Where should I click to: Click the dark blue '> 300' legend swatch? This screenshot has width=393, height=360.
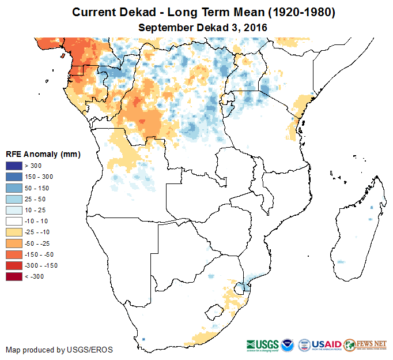[14, 166]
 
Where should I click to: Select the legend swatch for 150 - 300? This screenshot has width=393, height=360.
[14, 177]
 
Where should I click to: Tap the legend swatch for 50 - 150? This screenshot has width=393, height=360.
[14, 188]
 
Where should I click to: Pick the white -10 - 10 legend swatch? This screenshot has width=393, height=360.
[14, 221]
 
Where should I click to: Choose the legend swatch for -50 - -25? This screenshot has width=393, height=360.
[14, 243]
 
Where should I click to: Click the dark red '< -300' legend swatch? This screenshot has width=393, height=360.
[14, 276]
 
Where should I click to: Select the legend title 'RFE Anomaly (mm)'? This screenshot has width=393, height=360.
[43, 155]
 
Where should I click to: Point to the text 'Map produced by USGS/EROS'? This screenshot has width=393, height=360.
[59, 350]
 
